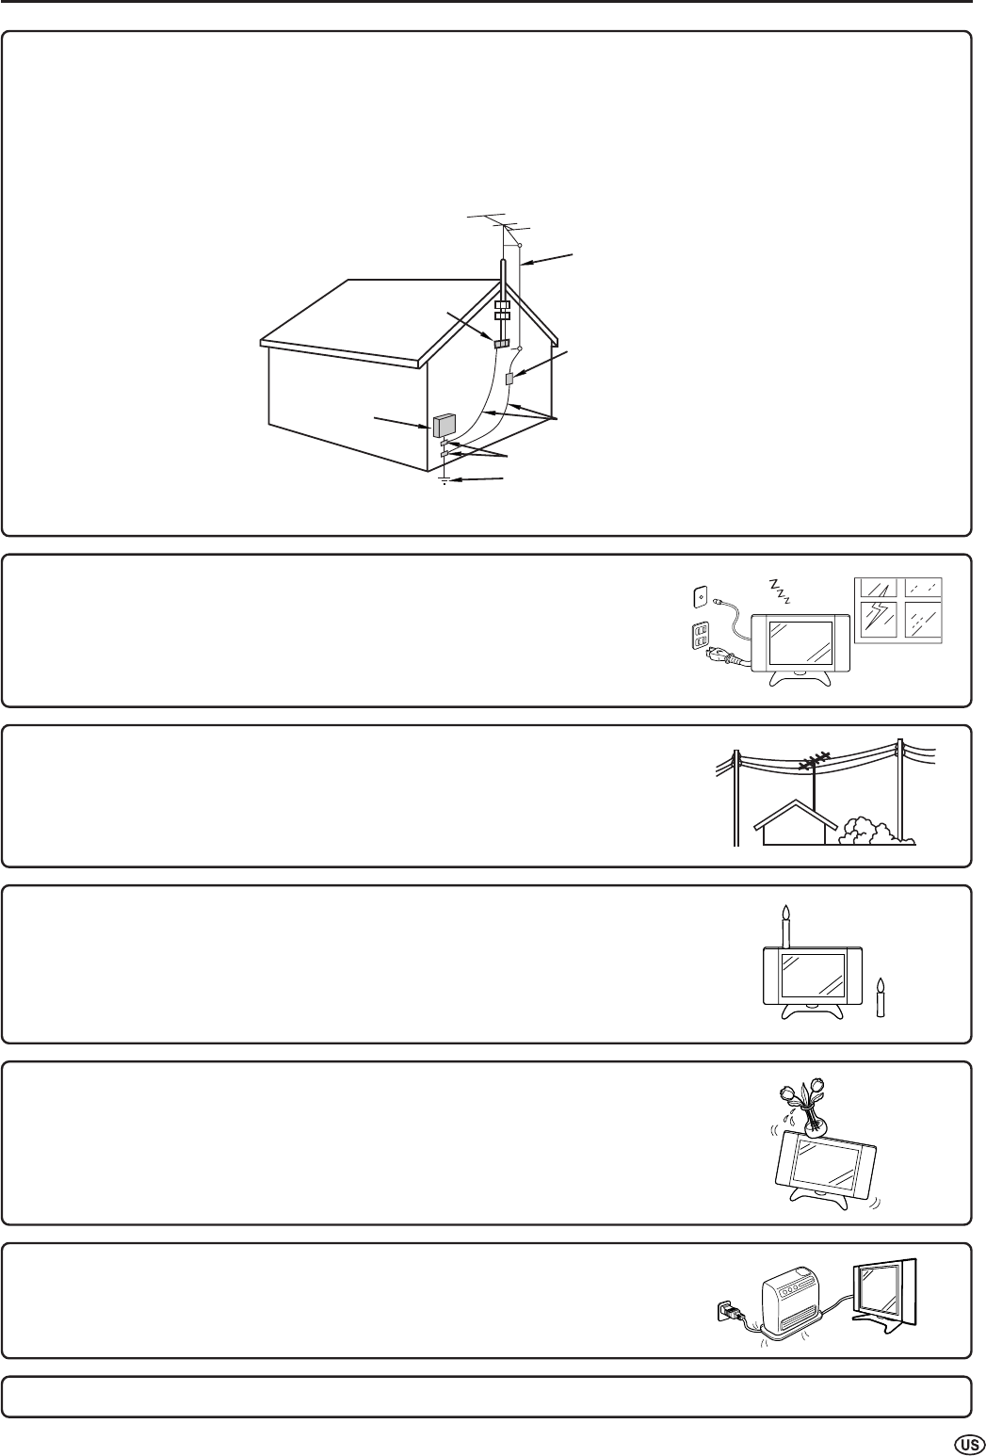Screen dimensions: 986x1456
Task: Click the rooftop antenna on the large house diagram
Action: (498, 224)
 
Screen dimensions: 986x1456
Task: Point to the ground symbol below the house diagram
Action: (444, 481)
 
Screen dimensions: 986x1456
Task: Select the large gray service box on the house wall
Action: (445, 426)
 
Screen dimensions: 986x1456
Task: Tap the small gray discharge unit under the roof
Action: (510, 378)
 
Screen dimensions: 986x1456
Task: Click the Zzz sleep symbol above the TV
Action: (780, 591)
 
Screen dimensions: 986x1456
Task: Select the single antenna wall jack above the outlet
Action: (701, 596)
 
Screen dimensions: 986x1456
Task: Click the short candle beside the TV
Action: (881, 997)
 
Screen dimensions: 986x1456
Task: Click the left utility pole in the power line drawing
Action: (736, 798)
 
